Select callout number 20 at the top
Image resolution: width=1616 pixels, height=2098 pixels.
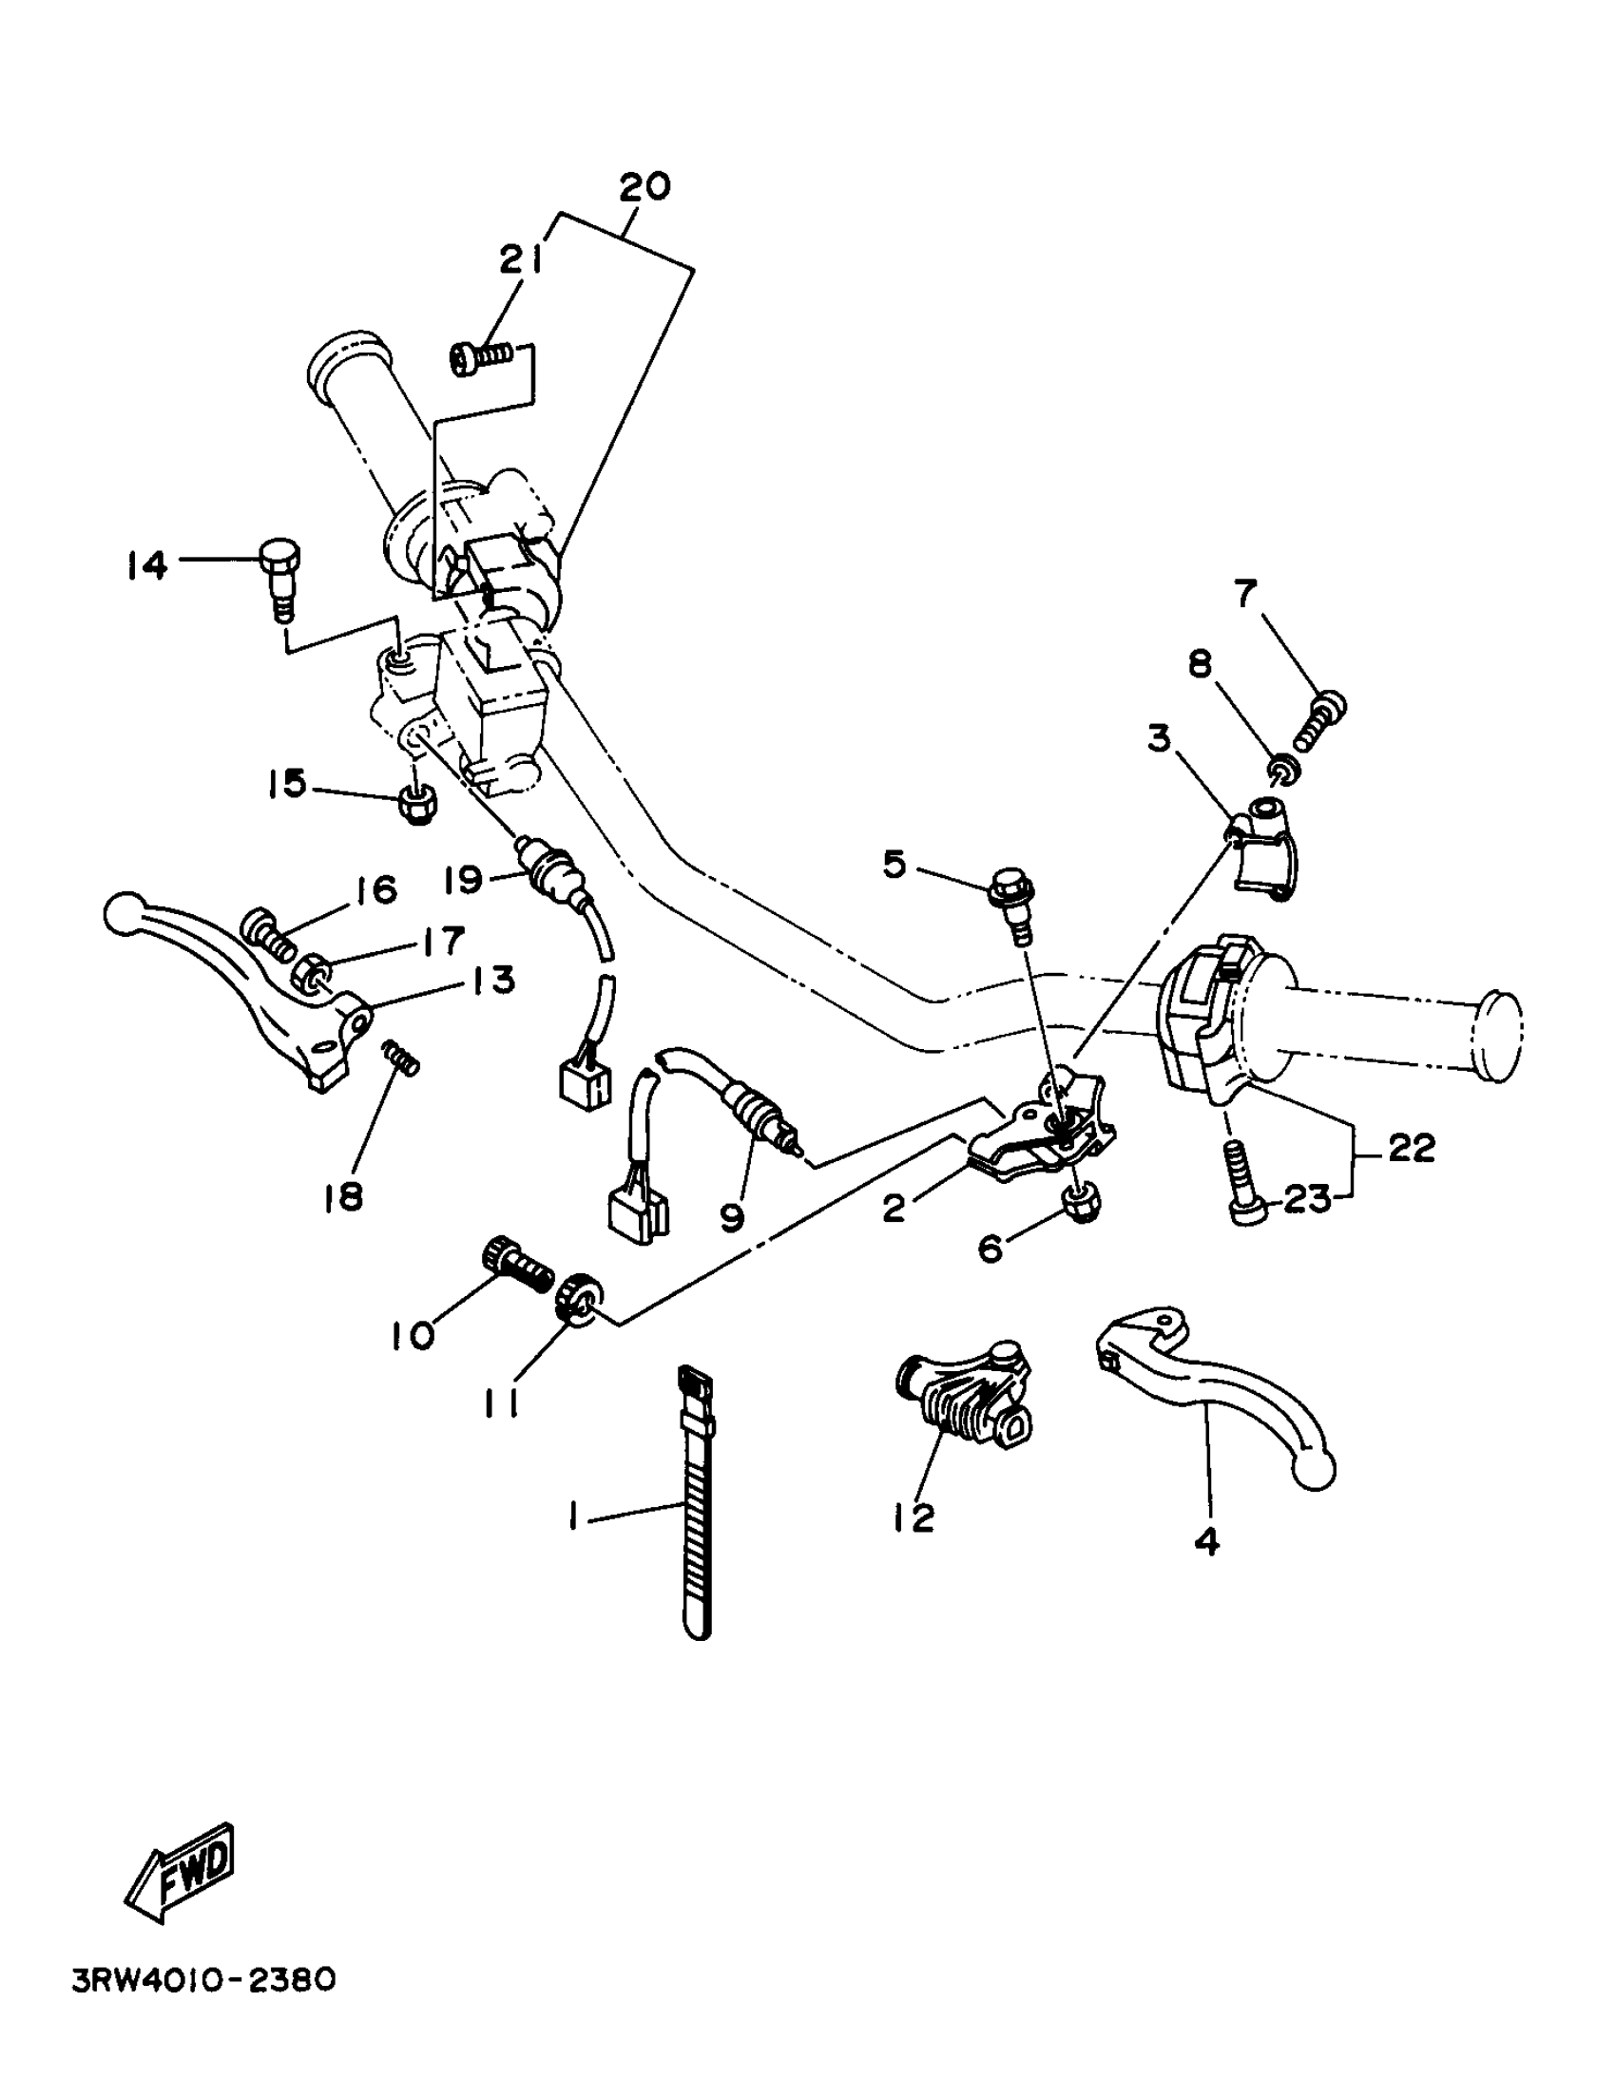[644, 185]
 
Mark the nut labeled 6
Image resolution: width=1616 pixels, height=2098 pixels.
[1081, 1205]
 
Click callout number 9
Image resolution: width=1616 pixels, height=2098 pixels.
[732, 1218]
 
